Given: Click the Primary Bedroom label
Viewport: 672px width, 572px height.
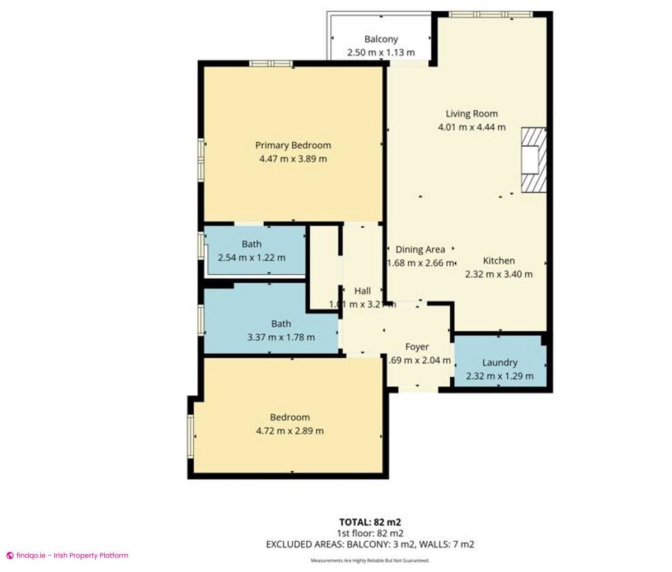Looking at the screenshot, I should (x=293, y=145).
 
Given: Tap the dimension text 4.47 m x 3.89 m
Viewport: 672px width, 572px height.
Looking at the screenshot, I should (x=293, y=159).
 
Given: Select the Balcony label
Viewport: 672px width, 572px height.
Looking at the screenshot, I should (x=381, y=39).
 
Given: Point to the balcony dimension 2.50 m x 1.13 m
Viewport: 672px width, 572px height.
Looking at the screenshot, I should (x=381, y=53).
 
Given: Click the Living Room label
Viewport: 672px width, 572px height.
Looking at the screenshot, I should (x=472, y=114).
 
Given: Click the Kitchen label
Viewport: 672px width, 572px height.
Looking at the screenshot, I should (x=498, y=261).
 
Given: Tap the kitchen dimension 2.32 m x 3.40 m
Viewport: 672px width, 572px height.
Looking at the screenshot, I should (x=498, y=274).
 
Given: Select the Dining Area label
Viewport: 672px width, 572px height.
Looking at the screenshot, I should (x=420, y=250).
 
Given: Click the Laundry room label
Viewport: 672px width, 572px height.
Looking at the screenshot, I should (x=500, y=362).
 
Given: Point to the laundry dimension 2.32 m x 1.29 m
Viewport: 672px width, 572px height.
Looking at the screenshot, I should (x=500, y=376).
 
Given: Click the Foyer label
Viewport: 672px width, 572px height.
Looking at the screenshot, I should (x=417, y=347).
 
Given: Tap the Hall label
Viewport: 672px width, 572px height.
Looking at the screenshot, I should (x=362, y=291).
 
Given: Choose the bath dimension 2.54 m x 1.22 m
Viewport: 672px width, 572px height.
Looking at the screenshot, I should (x=251, y=258).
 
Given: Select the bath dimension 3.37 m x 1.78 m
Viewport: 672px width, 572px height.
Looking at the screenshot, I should (x=281, y=337).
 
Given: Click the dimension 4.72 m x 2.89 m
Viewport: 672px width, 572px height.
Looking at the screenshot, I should (x=290, y=431).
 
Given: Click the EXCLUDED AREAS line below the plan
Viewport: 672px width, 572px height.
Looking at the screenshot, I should (x=370, y=544).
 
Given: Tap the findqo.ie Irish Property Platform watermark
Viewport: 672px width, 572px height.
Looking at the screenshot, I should (x=67, y=556).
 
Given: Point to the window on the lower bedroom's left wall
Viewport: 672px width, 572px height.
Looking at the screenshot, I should (x=190, y=436).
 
